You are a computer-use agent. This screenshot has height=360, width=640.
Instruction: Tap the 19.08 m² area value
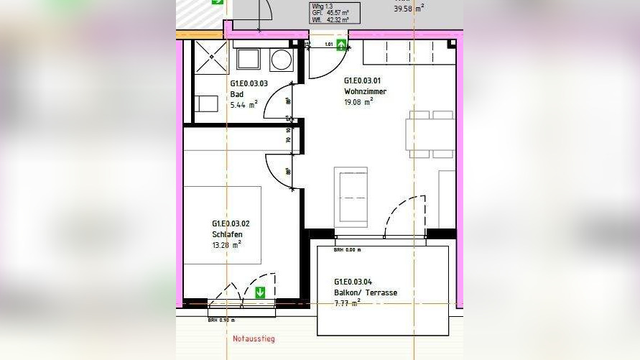[358, 101]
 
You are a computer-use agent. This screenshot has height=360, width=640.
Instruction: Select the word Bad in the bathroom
[236, 94]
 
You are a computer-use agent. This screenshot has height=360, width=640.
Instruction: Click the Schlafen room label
[226, 234]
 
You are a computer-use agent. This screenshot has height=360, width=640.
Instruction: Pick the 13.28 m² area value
[226, 244]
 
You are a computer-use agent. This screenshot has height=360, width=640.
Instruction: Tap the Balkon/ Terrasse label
[365, 292]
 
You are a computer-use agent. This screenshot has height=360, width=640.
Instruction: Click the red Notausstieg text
[254, 338]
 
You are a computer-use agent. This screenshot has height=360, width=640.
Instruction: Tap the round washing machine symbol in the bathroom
[281, 60]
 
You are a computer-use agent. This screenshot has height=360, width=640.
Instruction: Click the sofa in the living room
[351, 195]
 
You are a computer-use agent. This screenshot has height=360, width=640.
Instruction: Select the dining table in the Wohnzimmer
[430, 134]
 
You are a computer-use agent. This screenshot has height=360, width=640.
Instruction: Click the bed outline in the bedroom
[222, 225]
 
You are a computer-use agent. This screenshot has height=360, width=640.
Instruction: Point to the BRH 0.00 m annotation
[347, 250]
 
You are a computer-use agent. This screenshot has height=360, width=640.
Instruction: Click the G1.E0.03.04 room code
[353, 282]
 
